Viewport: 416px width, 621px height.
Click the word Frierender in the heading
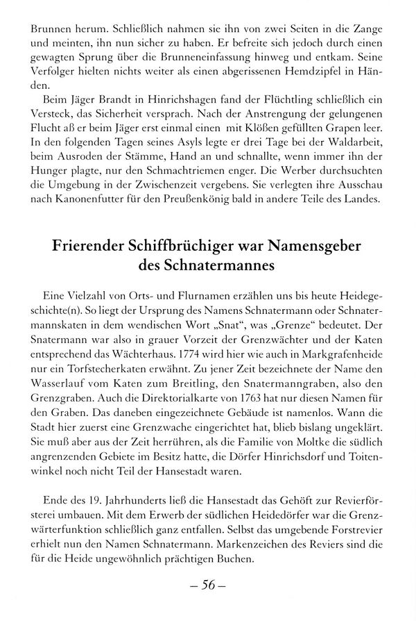point(87,249)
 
